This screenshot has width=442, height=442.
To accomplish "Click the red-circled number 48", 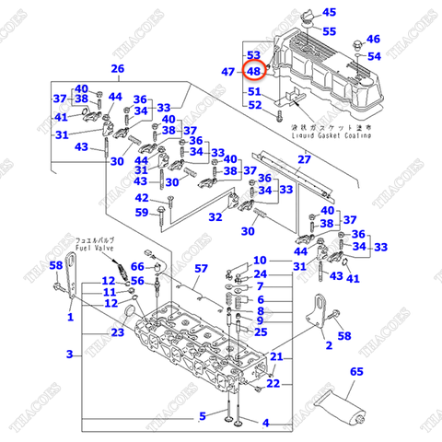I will [254, 71].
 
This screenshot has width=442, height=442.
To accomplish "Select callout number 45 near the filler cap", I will [329, 13].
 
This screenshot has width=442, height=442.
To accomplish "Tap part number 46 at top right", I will [373, 39].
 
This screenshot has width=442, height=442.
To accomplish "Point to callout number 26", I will [117, 69].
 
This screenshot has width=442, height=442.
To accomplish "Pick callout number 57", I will [203, 269].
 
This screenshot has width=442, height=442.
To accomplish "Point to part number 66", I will [137, 267].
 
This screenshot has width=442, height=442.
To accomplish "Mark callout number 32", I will [214, 217].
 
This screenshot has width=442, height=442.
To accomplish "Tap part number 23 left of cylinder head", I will [117, 332].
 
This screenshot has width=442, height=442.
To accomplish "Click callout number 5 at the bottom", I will [203, 416].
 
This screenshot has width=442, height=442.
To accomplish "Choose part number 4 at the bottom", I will [265, 423].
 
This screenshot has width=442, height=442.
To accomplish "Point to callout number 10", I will [260, 260].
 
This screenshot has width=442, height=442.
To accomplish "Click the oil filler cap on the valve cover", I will [306, 17].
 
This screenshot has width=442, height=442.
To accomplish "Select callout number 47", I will [228, 71].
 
